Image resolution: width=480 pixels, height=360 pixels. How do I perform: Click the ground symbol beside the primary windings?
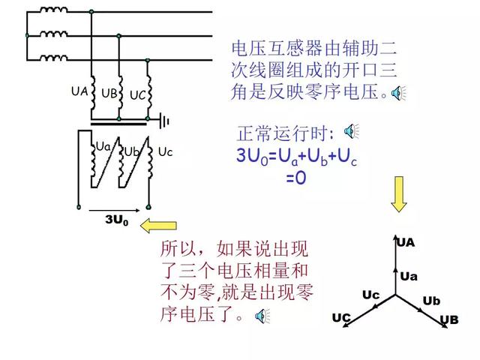165,120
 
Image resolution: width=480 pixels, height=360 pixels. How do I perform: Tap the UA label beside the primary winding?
79,91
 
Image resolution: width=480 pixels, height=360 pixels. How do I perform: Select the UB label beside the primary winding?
109,93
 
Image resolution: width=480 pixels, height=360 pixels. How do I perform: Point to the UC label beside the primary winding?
138,95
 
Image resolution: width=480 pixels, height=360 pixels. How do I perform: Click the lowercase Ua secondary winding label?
103,147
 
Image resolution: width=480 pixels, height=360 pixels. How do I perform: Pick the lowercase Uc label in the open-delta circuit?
165,151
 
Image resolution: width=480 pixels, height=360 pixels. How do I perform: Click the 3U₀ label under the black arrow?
117,220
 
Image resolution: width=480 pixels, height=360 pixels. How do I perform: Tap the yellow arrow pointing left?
158,226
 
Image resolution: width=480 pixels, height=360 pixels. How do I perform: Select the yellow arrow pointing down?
398,194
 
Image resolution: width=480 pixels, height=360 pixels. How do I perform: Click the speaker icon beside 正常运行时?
351,131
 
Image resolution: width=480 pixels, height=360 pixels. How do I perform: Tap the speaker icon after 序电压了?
262,316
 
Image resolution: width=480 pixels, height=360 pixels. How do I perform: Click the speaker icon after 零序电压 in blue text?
398,93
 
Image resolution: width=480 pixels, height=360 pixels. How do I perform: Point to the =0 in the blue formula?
296,177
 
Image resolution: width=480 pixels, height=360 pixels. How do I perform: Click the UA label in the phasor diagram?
406,243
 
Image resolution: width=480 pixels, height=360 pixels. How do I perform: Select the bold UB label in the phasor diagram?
449,320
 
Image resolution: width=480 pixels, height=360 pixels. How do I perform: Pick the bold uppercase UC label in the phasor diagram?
341,318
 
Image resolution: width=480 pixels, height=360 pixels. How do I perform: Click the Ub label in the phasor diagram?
431,301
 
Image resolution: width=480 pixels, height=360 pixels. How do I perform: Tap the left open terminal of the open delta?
79,207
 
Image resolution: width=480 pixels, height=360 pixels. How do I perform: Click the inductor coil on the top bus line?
53,10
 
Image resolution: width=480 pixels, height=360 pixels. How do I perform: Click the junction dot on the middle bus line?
118,36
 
